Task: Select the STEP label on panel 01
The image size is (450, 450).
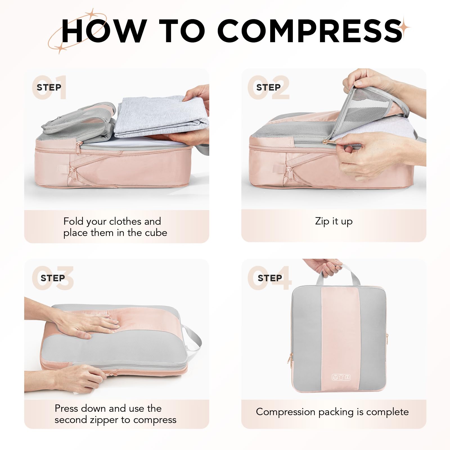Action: click(49, 87)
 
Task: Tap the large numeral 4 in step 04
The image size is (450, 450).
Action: click(282, 278)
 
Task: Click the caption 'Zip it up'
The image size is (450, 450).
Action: click(334, 221)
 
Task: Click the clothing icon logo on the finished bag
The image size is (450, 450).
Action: click(341, 377)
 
